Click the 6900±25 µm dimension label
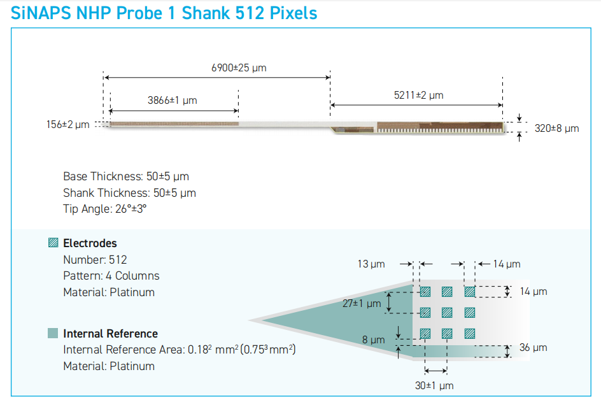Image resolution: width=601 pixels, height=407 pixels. [x=239, y=68]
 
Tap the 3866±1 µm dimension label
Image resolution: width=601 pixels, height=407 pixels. [x=172, y=101]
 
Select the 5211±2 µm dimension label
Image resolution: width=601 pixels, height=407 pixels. [x=418, y=95]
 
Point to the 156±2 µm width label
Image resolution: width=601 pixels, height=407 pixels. [x=68, y=125]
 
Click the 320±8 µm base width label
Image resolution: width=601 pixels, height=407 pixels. [x=556, y=129]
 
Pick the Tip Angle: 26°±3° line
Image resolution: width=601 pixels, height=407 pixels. [x=104, y=209]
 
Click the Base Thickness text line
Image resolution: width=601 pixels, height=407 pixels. [x=126, y=176]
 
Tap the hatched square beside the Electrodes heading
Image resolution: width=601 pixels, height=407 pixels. [x=53, y=243]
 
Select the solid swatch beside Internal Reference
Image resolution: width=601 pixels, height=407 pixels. [x=53, y=333]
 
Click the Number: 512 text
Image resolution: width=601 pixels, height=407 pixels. [x=95, y=260]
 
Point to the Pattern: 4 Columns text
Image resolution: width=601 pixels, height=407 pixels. [x=111, y=276]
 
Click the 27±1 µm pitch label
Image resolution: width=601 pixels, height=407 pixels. [x=362, y=303]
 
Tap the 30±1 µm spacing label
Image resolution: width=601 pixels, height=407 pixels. [x=434, y=385]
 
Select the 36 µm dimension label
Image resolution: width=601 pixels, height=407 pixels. [x=533, y=348]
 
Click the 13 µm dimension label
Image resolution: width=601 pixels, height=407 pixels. [x=371, y=264]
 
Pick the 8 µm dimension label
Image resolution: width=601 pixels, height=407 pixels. [x=373, y=340]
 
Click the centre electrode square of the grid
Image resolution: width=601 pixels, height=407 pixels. [x=447, y=313]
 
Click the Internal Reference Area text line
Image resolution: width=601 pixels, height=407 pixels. [x=180, y=350]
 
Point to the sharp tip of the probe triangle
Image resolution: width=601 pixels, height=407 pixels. [x=250, y=320]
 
